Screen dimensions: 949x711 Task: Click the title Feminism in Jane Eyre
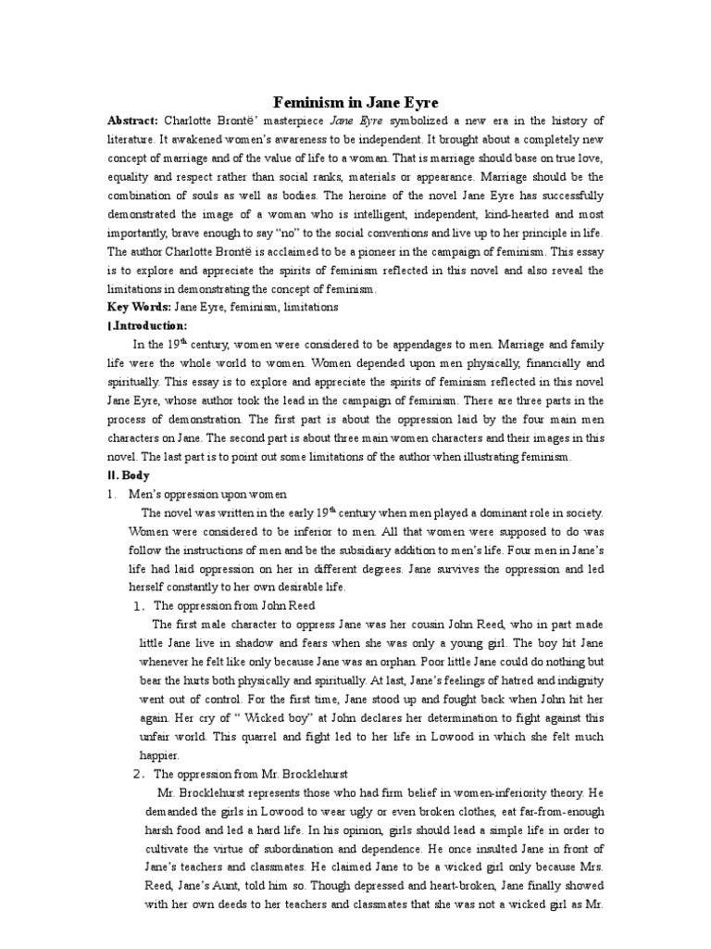point(355,102)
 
